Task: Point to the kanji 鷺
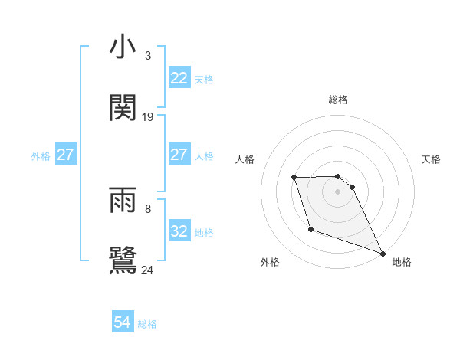coord(123,260)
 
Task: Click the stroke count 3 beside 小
coord(148,56)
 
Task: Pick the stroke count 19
coord(148,117)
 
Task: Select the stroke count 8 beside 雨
coord(148,208)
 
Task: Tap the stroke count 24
coord(148,270)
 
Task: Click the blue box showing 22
coord(179,78)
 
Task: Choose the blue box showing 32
coord(179,231)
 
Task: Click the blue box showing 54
coord(123,323)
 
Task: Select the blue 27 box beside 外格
coord(65,155)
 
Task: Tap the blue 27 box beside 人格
coord(179,155)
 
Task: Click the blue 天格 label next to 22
coord(204,79)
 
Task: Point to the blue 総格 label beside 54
coord(147,324)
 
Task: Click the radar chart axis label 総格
coord(337,100)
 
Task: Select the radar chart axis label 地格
coord(402,263)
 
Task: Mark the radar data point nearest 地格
coord(383,254)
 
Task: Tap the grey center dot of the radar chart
coord(337,191)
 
